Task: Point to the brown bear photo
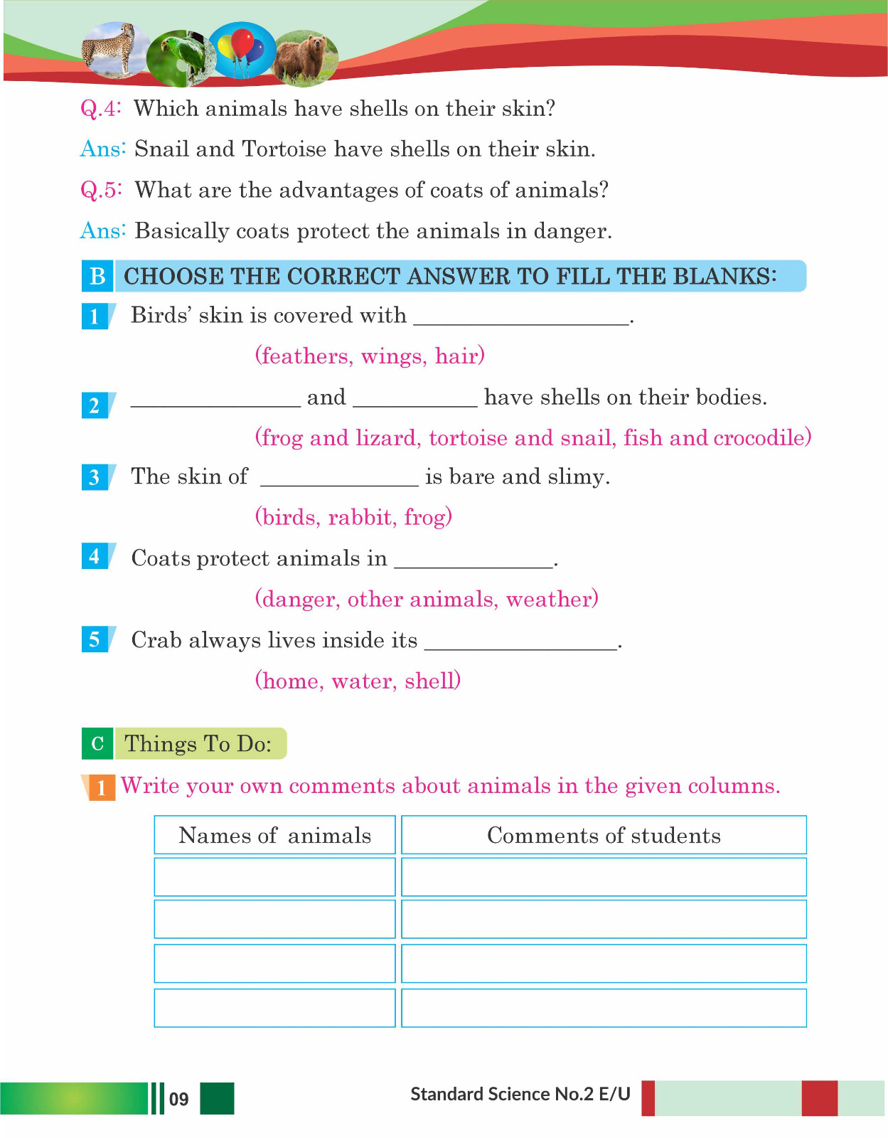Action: pos(304,57)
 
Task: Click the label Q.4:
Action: pos(101,109)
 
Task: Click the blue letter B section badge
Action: pos(97,276)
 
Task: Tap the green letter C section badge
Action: pos(97,744)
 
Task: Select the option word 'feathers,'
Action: pos(304,356)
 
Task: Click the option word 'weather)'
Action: pos(552,599)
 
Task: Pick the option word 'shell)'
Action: pos(432,681)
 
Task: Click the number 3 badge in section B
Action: pos(96,477)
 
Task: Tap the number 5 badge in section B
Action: pos(96,639)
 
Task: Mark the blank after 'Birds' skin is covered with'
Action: pos(521,317)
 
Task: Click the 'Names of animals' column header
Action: pos(274,835)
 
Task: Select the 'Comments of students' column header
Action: pos(604,835)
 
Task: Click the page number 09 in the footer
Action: pos(179,1099)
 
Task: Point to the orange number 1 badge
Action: pos(101,787)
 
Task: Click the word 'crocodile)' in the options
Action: pos(762,437)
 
